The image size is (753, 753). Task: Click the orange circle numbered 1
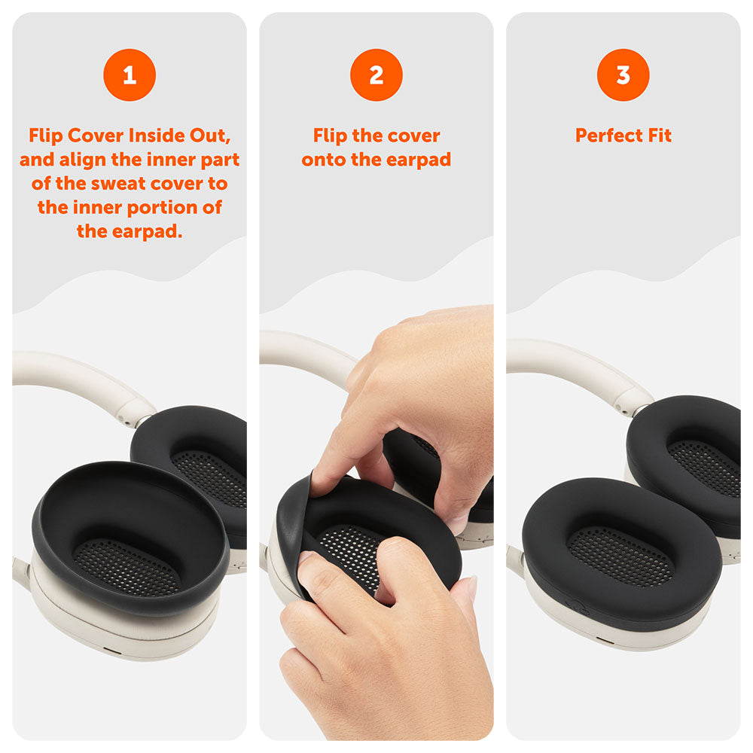(130, 75)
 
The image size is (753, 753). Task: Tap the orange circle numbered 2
(376, 75)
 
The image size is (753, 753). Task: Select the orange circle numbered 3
(623, 75)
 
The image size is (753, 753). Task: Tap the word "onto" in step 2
(325, 160)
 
